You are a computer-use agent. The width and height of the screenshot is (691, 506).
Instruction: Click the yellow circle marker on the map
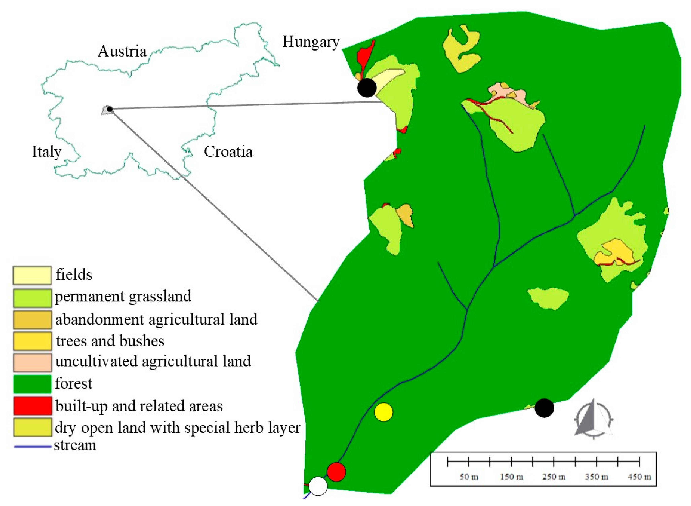click(383, 412)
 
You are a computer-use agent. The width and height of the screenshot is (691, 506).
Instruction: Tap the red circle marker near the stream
click(336, 472)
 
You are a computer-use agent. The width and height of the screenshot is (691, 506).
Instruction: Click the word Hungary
click(311, 42)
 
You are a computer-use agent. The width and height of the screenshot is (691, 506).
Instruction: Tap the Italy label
click(47, 152)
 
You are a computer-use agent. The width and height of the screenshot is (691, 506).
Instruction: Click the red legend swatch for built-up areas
click(32, 406)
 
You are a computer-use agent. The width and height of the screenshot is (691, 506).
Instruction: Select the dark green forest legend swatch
click(32, 384)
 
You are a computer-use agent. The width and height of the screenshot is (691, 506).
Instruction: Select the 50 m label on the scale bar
click(469, 477)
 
